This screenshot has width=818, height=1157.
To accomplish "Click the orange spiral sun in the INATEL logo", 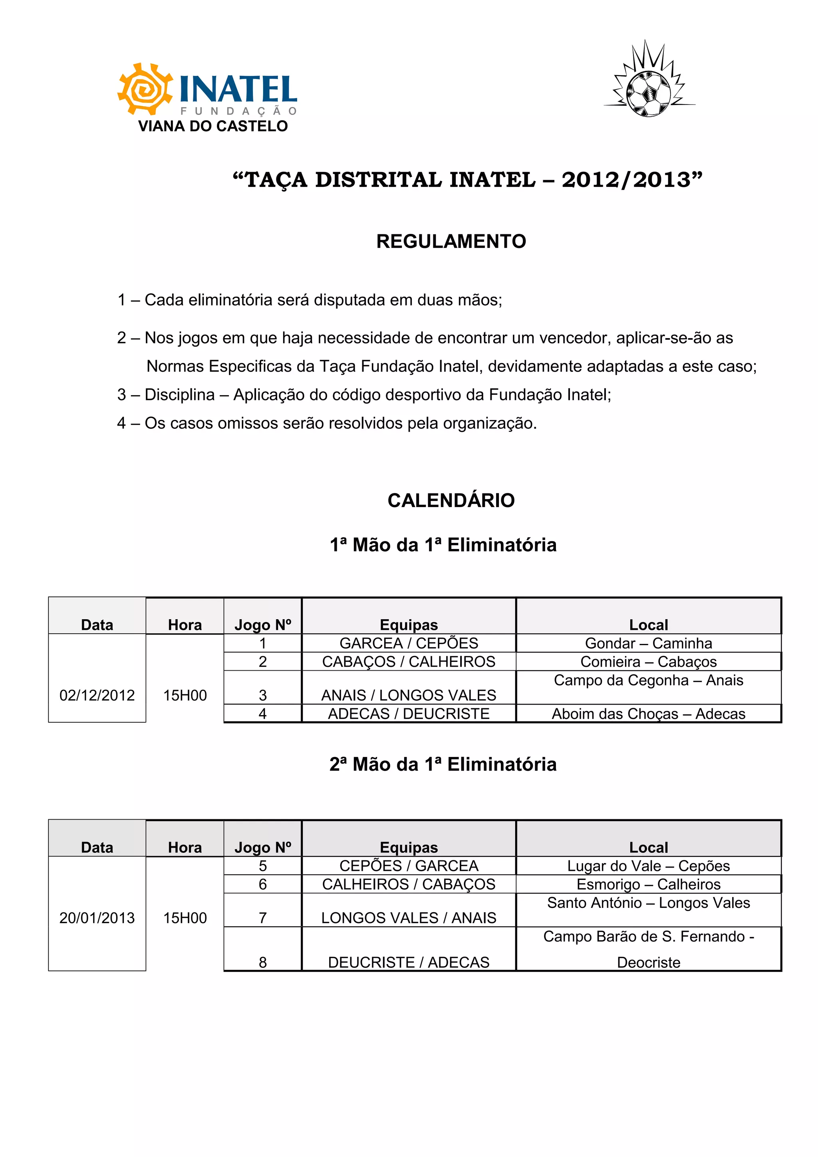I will click(x=145, y=89).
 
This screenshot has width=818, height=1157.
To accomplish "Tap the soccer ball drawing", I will click(x=649, y=93).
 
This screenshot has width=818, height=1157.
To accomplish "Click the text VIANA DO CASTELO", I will click(x=213, y=126).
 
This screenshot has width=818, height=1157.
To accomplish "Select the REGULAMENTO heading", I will click(x=451, y=242).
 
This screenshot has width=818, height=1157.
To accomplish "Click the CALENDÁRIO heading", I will click(x=451, y=500).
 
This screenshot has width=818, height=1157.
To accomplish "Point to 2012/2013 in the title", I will click(x=626, y=180).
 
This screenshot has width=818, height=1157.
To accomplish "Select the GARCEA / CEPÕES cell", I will click(x=408, y=643).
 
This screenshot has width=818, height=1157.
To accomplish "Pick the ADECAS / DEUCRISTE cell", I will click(x=408, y=713).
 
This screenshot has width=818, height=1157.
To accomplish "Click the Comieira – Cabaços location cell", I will click(x=648, y=662).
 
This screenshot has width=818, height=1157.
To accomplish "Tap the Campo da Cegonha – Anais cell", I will click(x=648, y=680).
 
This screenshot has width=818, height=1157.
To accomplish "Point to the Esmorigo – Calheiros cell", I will click(x=648, y=884).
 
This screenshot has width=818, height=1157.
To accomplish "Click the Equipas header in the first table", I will click(x=408, y=625).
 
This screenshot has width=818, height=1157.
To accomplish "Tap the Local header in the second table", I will click(x=648, y=847).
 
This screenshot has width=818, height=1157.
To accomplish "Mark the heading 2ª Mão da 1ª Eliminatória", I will click(x=443, y=765).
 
